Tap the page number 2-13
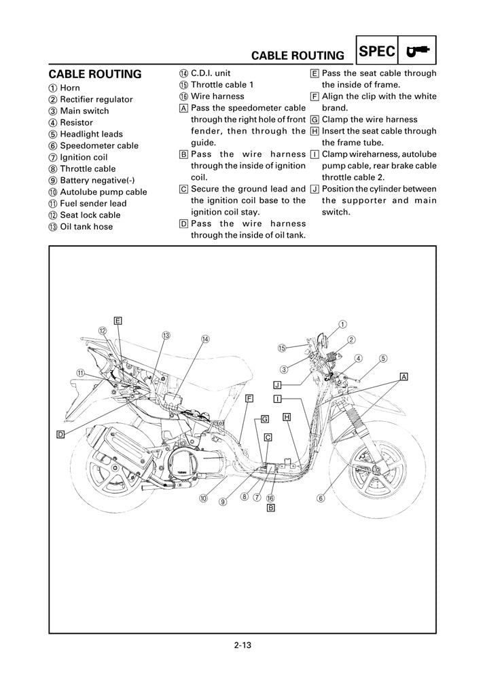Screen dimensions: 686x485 coord(242,645)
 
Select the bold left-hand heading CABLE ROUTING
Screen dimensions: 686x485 coord(95,74)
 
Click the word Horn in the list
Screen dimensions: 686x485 coord(69,88)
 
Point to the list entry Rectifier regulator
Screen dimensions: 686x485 coord(96,99)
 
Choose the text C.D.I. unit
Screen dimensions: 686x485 coord(211,73)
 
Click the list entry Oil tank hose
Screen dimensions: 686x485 coord(86,226)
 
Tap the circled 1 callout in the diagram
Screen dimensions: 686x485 coord(342,324)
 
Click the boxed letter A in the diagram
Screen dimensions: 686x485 coord(403,376)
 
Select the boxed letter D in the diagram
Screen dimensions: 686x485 coord(60,433)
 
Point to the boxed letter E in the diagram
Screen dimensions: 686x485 coord(118,320)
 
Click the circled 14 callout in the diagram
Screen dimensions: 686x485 coord(204,339)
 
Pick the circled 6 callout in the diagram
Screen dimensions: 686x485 coord(320,497)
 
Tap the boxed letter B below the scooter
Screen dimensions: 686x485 coord(270,507)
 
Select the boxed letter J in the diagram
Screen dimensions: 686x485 coord(277,384)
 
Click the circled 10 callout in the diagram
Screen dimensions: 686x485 coord(203,498)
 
